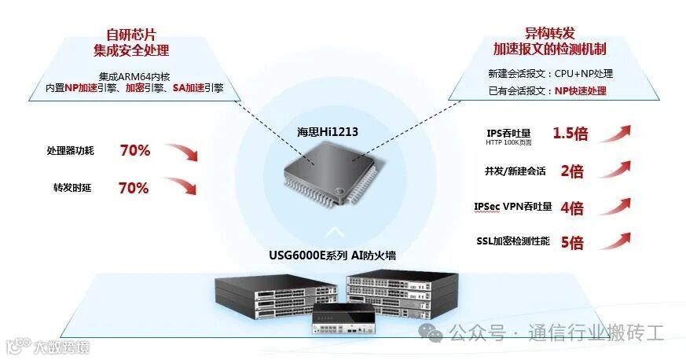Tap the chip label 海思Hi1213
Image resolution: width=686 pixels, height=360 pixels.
click(328, 131)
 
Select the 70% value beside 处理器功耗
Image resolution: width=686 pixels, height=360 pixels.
click(134, 150)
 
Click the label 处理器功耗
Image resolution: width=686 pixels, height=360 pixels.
click(70, 151)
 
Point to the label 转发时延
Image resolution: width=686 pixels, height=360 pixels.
click(68, 189)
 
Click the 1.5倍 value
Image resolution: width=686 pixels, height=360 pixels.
click(570, 133)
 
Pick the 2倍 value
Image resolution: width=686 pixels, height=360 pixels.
click(571, 171)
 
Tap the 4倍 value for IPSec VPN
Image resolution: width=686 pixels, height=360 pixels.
click(571, 208)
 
